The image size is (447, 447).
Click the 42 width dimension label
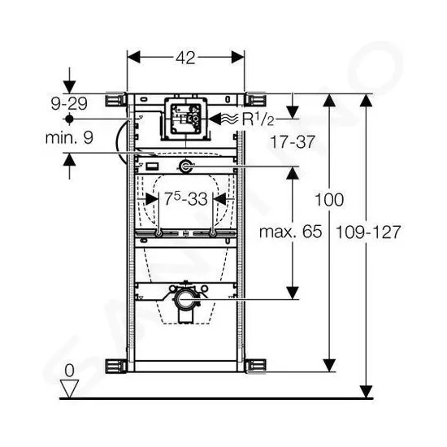185,58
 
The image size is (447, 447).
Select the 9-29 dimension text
69,103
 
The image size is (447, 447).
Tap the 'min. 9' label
69,137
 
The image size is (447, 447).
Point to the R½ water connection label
258,119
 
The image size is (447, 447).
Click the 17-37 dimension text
293,141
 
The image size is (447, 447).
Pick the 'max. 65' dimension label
290,232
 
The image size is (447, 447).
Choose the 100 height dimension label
329,200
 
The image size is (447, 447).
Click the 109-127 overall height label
368,232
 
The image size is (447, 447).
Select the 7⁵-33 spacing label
186,198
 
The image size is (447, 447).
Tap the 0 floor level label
69,371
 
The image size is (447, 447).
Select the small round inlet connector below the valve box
186,167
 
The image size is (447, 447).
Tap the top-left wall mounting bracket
116,99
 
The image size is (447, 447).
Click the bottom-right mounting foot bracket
255,366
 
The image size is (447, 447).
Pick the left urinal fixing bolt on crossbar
158,234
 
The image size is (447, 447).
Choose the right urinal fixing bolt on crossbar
213,234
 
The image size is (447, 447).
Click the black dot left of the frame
69,119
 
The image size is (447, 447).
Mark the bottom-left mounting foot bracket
116,366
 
